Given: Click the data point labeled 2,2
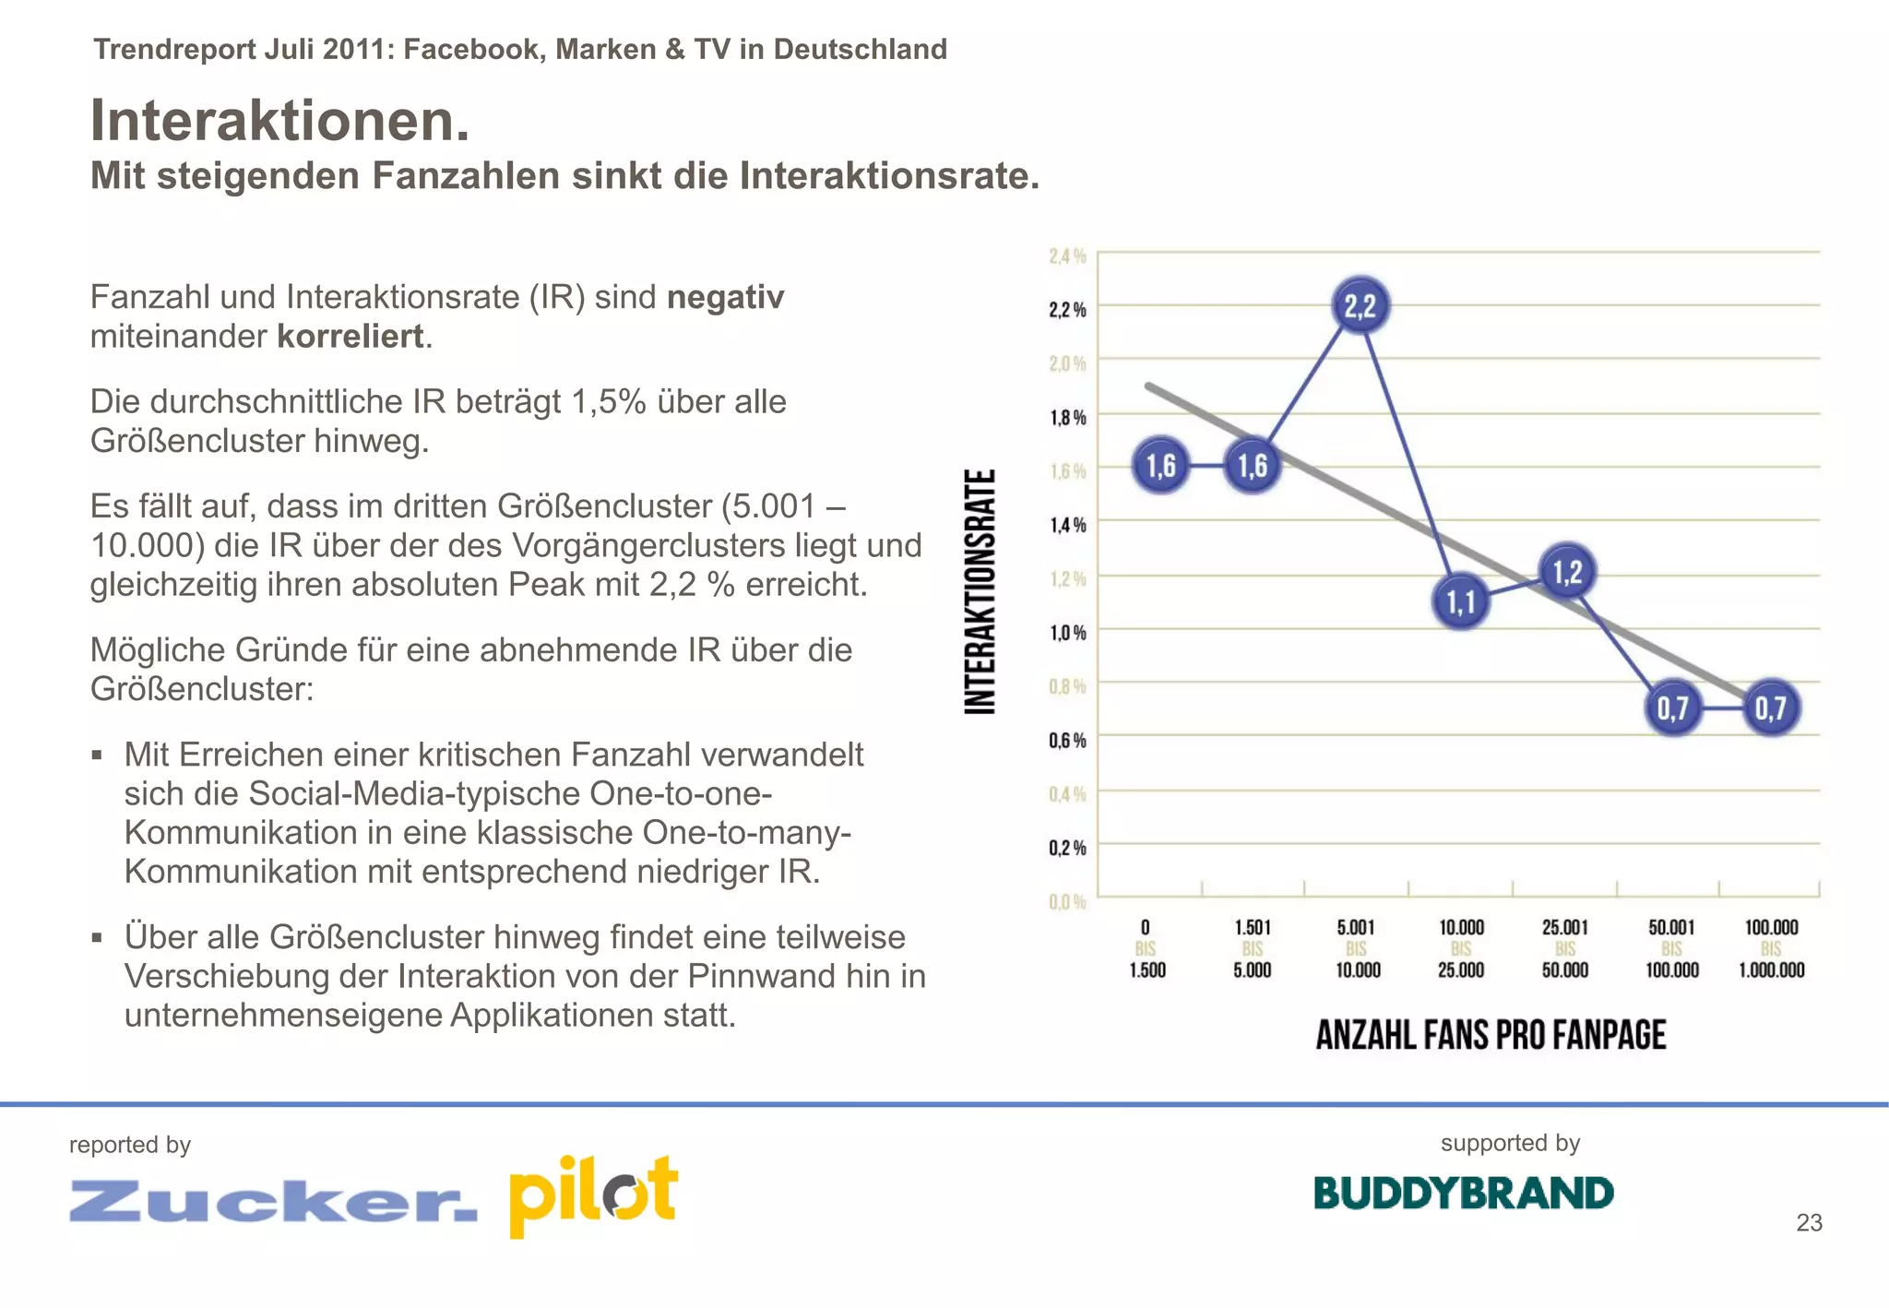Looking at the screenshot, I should [1360, 305].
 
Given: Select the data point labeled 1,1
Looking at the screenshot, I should [1461, 602].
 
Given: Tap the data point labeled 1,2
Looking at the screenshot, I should [1567, 571].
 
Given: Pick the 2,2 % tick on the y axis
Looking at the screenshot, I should [1067, 309].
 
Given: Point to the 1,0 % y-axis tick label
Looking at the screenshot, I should [1067, 633].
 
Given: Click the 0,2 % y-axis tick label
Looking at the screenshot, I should [1067, 848].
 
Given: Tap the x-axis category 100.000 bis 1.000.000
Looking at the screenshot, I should [1771, 948].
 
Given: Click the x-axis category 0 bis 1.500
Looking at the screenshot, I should [1146, 948].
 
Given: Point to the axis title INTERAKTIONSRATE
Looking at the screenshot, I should [980, 591].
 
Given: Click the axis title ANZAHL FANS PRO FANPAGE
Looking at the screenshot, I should [1491, 1035].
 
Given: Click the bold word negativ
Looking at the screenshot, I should [725, 297].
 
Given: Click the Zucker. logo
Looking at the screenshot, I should [273, 1201].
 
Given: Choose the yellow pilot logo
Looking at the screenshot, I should [593, 1195].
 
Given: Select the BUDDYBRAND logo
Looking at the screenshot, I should [1464, 1193].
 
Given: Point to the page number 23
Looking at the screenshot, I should [1809, 1222].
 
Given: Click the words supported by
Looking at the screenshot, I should [1510, 1143].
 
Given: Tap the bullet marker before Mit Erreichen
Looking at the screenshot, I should [98, 755].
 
